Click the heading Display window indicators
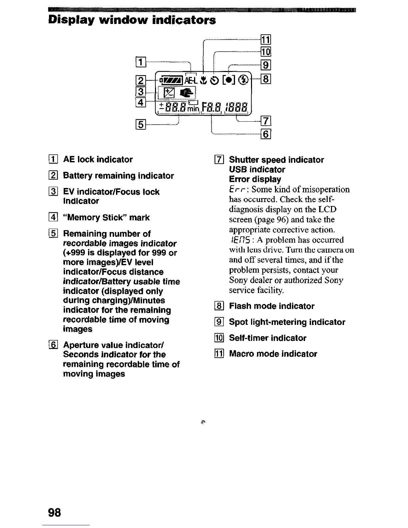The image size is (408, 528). click(132, 20)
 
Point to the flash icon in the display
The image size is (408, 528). click(244, 80)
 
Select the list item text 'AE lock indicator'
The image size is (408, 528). click(98, 160)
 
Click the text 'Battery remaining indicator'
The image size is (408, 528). click(118, 176)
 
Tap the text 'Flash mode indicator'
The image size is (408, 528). click(272, 306)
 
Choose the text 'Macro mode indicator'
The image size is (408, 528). click(273, 354)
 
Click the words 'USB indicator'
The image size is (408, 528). click(257, 169)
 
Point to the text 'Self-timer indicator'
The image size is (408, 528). click(268, 338)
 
